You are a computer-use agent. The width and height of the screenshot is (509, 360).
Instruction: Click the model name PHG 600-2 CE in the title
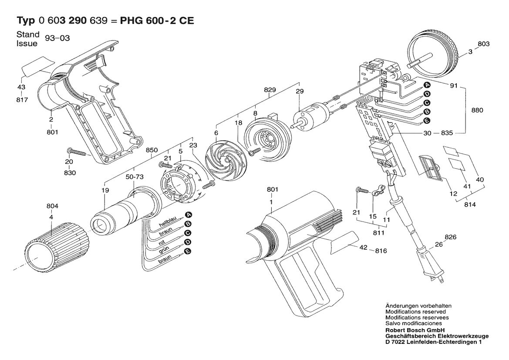157,21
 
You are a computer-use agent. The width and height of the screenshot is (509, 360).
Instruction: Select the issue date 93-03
57,38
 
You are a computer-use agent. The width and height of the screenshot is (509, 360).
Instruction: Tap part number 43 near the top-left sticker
21,87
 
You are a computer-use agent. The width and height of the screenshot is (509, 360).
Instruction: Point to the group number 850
152,150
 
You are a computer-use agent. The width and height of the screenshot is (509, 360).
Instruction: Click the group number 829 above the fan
270,90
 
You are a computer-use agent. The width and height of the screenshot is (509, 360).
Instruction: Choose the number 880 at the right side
477,110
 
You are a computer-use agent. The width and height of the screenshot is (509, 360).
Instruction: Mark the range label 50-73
135,177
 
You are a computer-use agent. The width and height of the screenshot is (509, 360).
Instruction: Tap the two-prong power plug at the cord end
429,266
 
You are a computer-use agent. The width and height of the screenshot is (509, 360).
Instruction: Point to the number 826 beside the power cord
451,237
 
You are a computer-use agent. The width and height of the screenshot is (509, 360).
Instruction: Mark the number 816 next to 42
381,251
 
